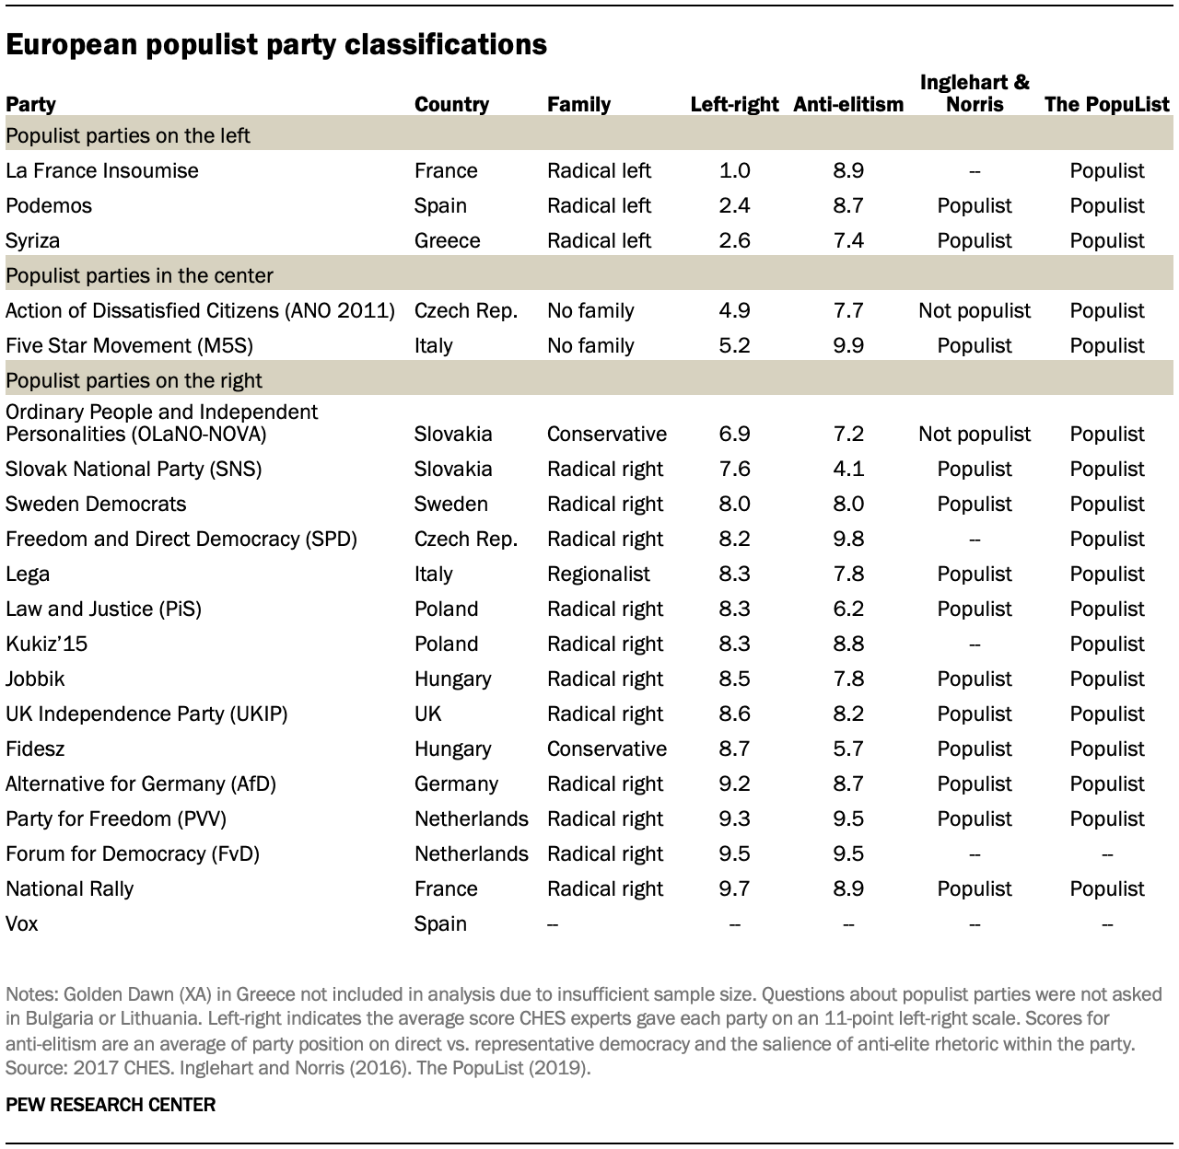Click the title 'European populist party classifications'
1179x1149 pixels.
pos(276,45)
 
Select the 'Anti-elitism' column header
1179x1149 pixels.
pos(848,104)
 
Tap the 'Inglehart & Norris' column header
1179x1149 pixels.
pos(975,93)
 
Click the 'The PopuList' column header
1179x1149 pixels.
pos(1107,104)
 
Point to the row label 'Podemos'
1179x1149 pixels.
pos(49,205)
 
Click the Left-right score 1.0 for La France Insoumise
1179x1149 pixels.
pos(734,170)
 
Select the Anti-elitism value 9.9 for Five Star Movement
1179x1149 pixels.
pos(848,345)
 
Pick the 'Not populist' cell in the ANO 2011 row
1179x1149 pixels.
pos(975,310)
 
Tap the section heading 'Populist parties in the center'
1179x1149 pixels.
pos(139,275)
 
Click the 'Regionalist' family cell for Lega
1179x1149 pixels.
pos(598,574)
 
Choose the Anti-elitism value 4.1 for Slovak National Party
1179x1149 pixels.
pos(848,469)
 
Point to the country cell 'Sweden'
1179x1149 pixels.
pos(450,504)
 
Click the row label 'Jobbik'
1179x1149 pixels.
pos(34,679)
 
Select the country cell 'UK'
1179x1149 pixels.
pos(427,714)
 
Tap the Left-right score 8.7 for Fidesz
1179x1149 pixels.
pos(734,749)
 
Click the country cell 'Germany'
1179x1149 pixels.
pos(456,783)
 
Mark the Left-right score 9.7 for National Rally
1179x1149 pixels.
pos(734,888)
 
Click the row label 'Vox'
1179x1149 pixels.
pos(22,923)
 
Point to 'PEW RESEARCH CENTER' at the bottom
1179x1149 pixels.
pos(111,1104)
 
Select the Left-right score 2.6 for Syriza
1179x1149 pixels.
pos(734,240)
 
